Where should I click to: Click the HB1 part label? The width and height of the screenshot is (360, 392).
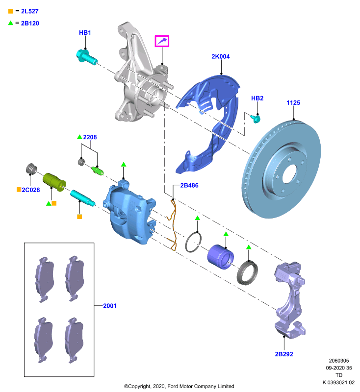click(85, 33)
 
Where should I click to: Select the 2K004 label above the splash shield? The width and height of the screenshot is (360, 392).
click(220, 56)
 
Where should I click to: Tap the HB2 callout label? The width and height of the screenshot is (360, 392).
click(257, 98)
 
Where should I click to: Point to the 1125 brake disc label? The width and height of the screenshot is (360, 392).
click(293, 103)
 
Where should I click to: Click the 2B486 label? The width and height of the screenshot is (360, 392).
click(189, 186)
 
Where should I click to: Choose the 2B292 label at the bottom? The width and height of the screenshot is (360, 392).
click(284, 354)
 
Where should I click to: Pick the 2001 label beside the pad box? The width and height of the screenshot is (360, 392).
click(110, 306)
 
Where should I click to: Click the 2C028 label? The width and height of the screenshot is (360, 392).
click(31, 190)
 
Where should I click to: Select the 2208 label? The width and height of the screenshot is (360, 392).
click(90, 137)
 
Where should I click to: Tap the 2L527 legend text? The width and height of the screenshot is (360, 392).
click(30, 11)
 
